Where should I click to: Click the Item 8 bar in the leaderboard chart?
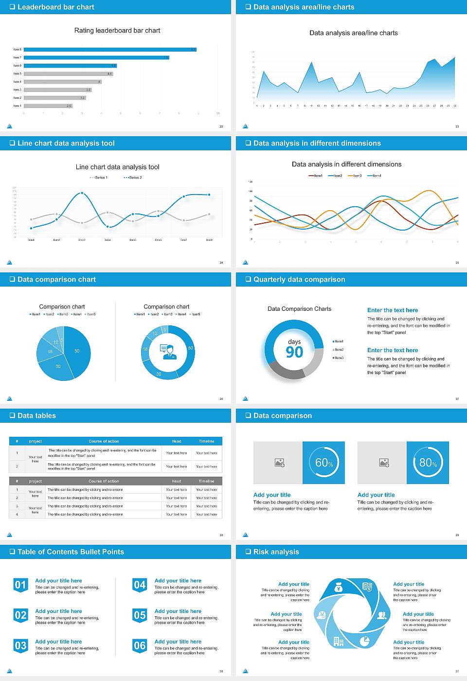click(x=109, y=50)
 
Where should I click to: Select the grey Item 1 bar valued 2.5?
click(x=48, y=106)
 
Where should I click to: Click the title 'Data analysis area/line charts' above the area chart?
click(x=354, y=33)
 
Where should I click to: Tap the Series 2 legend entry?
click(x=133, y=178)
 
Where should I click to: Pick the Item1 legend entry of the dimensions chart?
click(x=316, y=176)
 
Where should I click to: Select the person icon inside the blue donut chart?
click(x=168, y=351)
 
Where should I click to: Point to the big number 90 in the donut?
click(x=294, y=352)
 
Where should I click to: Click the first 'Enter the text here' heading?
click(x=393, y=310)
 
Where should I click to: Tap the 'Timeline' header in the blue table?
click(x=206, y=441)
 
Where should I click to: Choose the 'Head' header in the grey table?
click(x=176, y=481)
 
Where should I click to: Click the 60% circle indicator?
click(x=324, y=463)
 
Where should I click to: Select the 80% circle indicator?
click(x=428, y=463)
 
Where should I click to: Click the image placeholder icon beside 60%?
click(x=279, y=463)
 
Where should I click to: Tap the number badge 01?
click(x=20, y=585)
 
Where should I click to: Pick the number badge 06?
click(x=140, y=645)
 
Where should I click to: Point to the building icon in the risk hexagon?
click(x=338, y=641)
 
